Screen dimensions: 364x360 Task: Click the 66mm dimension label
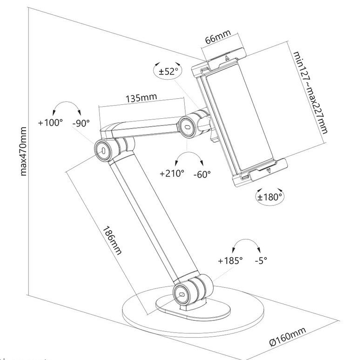pos(218,37)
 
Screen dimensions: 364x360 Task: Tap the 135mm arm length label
pos(142,97)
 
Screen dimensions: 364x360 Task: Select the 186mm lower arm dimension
pos(112,240)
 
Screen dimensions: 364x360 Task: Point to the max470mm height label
pos(23,151)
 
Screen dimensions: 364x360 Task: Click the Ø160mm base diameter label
pos(287,337)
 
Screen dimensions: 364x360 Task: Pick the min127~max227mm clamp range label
pos(310,93)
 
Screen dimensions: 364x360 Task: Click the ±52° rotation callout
pos(168,71)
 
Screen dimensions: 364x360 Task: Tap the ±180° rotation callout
pos(270,197)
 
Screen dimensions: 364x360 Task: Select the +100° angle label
pos(50,122)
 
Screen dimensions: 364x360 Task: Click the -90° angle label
pos(81,123)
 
